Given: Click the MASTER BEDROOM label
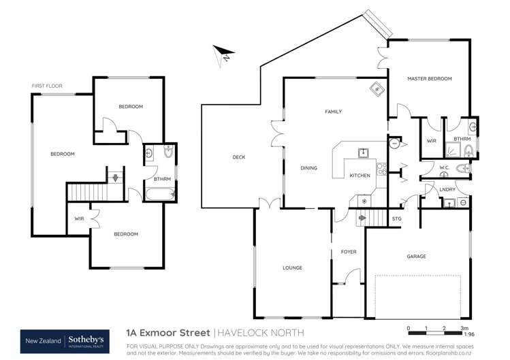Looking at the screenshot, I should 430,79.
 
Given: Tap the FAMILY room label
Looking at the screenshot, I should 333,112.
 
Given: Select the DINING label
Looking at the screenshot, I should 310,167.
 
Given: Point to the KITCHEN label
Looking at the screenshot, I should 360,176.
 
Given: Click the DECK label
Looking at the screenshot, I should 238,157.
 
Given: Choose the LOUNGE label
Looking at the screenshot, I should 293,267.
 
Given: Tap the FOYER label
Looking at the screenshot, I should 349,252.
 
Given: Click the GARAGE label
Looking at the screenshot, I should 416,257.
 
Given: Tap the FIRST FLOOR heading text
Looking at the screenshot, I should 46,86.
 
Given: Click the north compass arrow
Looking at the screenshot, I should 223,53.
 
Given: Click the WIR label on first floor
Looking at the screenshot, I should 79,218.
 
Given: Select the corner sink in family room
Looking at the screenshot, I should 375,89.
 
